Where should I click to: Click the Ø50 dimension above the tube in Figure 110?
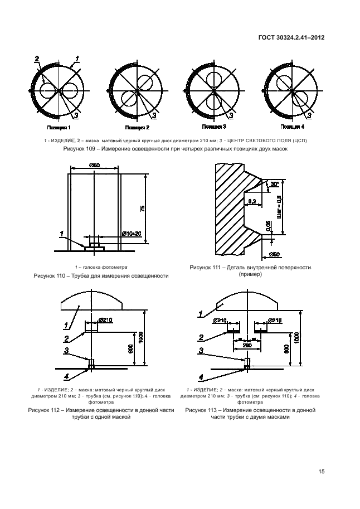pos(94,165)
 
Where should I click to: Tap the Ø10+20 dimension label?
pos(132,234)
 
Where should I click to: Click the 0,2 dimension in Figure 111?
pos(252,201)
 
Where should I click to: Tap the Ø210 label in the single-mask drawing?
pos(105,320)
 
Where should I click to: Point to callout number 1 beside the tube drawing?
pos(63,233)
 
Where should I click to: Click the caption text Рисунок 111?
pos(206,268)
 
